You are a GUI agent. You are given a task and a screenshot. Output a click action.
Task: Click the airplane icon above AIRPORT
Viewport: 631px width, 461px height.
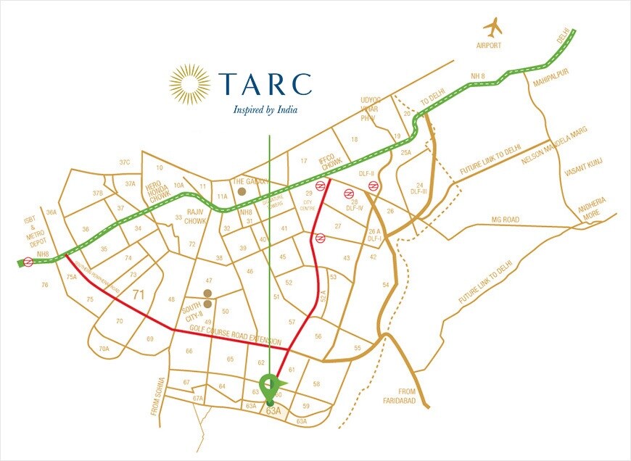tap(494, 28)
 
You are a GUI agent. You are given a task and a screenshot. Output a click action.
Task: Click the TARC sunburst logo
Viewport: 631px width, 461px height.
tap(189, 84)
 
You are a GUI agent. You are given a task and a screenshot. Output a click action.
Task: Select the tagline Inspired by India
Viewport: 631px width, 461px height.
tap(265, 111)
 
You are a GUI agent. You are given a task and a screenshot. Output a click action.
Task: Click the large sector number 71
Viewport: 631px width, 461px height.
tap(141, 294)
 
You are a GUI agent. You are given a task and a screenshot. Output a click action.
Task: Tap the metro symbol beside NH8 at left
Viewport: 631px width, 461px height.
tap(28, 262)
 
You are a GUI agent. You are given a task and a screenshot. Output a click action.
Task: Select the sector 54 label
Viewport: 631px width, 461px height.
tap(385, 286)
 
